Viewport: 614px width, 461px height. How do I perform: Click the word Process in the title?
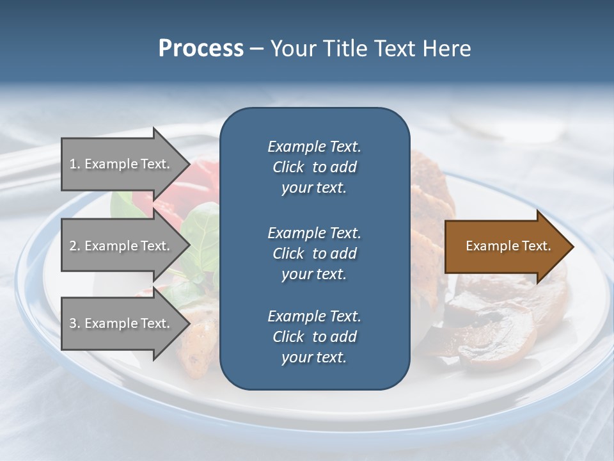coord(201,49)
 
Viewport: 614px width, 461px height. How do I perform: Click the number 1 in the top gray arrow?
coord(73,164)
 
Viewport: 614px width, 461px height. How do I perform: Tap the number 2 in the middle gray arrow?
coord(73,246)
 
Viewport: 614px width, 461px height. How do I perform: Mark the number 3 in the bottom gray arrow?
coord(73,323)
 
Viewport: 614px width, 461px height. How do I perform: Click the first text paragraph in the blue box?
coord(314,167)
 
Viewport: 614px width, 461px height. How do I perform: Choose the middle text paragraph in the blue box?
coord(314,253)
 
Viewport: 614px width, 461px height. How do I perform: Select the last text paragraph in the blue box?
coord(314,337)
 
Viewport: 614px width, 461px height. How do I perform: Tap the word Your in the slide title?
coord(291,49)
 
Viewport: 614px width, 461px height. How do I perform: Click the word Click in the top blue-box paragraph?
coord(288,167)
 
